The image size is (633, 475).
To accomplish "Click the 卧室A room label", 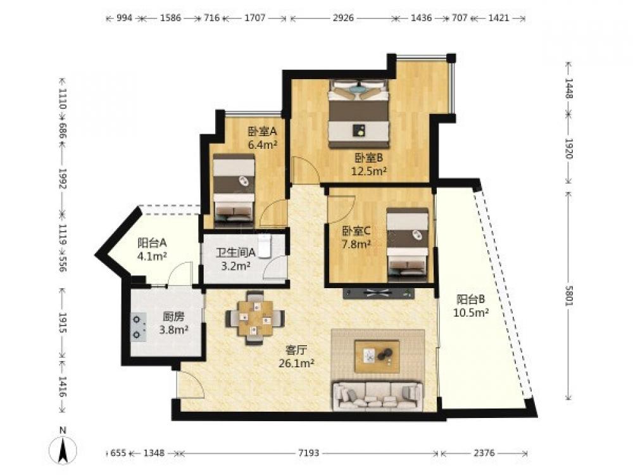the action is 262,131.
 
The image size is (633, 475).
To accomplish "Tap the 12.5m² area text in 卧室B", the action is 369,171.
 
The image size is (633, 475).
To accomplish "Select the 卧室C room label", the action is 356,231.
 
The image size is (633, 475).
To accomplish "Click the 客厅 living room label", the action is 296,350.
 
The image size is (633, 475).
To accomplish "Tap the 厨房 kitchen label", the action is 173,317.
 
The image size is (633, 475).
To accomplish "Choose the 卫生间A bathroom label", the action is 235,253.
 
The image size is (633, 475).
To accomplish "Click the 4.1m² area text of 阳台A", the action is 152,256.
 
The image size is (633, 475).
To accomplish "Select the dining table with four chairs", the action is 255,318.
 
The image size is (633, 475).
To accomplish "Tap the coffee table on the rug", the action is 377,356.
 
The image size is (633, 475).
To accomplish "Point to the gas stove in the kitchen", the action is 139,327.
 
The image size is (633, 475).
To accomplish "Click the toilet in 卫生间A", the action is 265,245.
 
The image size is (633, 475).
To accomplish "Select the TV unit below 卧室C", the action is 379,294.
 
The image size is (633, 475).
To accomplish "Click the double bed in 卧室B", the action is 359,114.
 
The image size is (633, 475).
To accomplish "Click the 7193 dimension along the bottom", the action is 308,453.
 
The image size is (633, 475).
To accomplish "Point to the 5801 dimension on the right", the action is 568,296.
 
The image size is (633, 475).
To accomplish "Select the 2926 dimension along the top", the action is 343,18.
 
